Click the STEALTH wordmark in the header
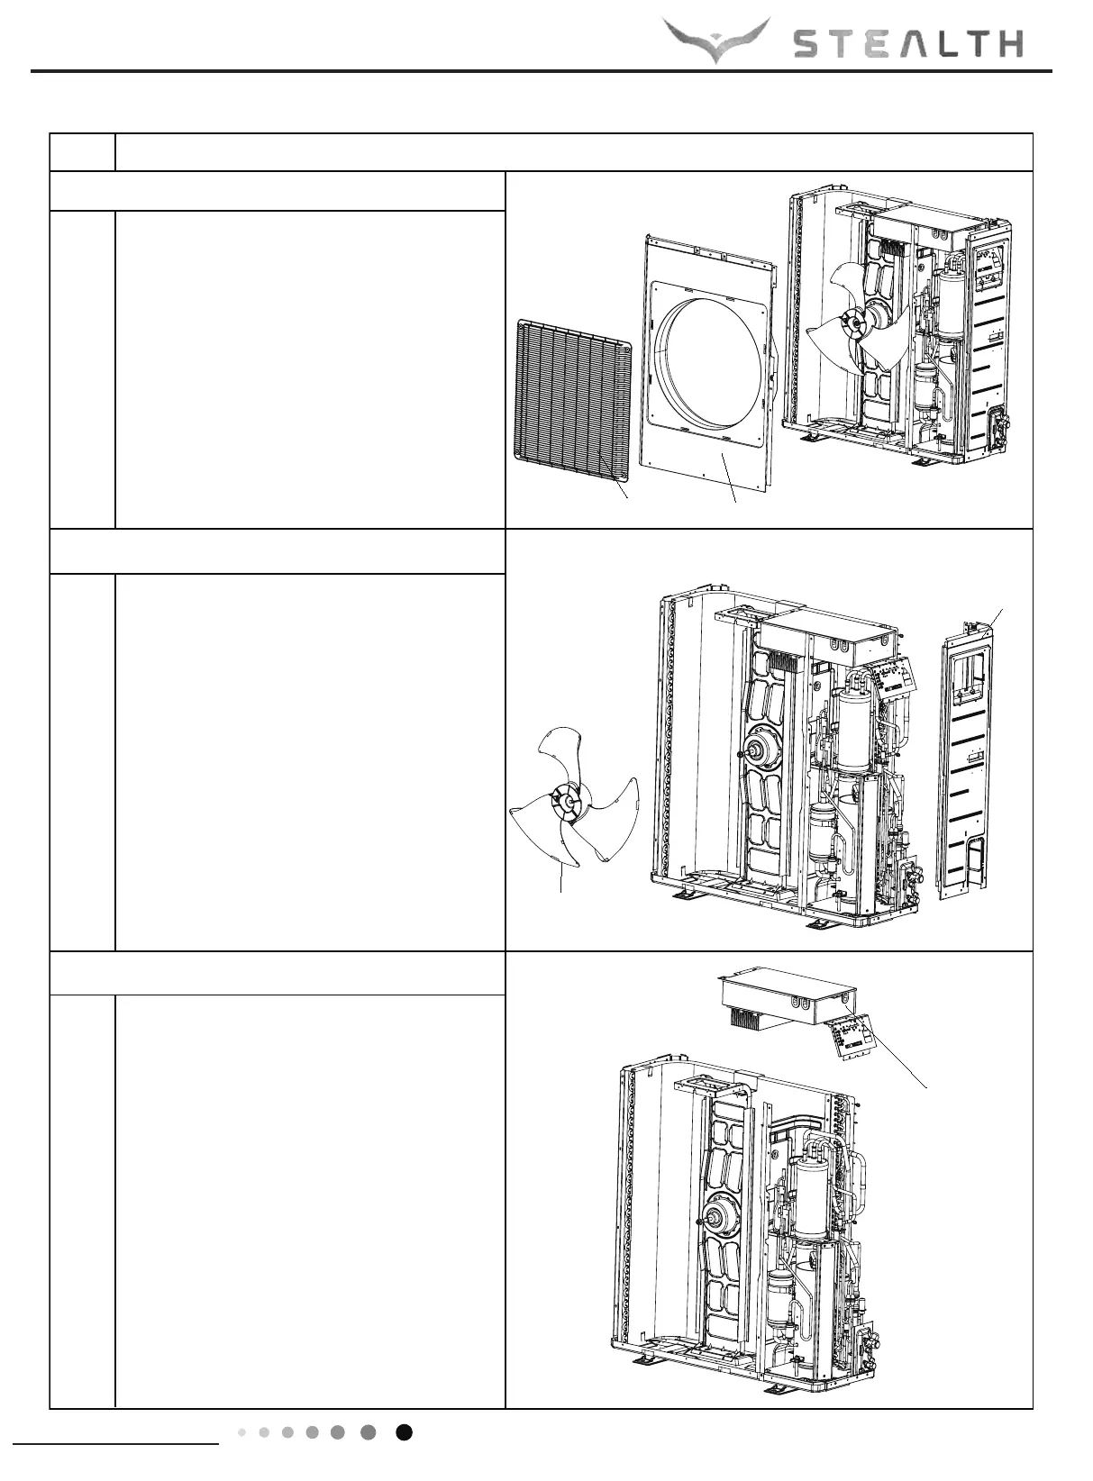click(907, 42)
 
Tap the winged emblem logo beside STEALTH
click(716, 40)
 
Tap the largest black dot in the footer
click(405, 1432)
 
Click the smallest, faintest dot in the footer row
click(242, 1432)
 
